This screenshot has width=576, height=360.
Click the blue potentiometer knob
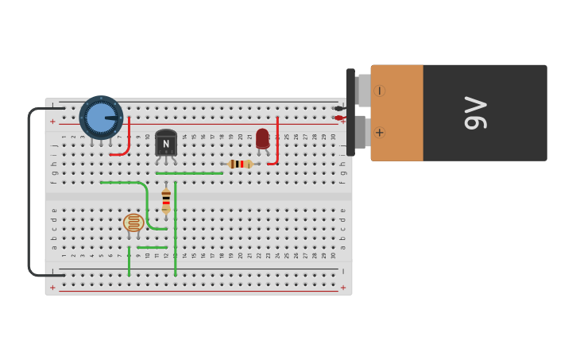point(101,118)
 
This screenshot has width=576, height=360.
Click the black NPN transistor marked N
point(166,143)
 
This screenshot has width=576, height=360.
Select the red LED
point(262,137)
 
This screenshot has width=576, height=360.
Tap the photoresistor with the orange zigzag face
point(133,223)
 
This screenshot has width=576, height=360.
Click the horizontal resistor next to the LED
point(240,164)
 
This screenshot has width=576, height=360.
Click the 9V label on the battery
point(475,113)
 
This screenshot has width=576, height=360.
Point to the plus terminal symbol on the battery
point(380,133)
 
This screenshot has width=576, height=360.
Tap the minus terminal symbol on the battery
point(380,91)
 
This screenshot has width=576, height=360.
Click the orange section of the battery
point(397,113)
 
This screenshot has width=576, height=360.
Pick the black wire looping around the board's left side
point(30,191)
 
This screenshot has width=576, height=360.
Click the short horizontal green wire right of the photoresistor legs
point(152,247)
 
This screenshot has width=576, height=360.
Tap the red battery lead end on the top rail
point(339,118)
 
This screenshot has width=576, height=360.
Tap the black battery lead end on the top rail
point(339,108)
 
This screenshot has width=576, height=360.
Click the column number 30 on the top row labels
point(334,137)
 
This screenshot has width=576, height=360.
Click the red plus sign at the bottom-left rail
point(52,288)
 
